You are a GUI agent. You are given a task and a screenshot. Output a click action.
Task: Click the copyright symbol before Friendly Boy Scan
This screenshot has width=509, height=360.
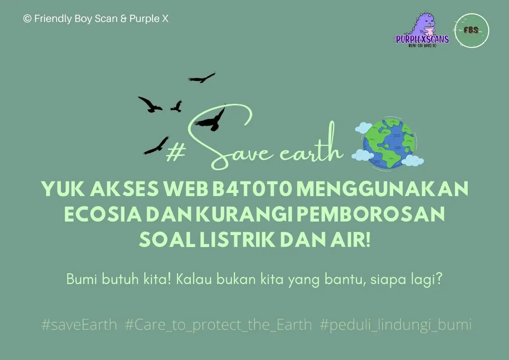(27, 19)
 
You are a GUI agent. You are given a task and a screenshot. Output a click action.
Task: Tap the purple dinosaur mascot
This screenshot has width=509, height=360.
(424, 25)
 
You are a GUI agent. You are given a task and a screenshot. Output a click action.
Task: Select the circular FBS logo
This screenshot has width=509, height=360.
(472, 31)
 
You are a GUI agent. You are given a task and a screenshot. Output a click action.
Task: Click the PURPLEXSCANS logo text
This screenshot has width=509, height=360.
(422, 39)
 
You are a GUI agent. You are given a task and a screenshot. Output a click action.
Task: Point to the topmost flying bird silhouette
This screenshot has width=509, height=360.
(202, 78)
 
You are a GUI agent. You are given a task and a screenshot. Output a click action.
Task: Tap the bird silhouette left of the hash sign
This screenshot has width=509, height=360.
(156, 146)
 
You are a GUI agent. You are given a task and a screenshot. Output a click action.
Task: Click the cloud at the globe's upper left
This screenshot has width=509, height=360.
(363, 127)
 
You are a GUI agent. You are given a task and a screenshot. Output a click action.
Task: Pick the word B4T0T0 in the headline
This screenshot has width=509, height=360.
(252, 189)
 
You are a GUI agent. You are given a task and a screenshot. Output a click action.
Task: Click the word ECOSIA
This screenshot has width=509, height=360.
(103, 214)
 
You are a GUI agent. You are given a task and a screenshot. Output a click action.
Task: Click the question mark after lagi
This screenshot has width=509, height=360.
(439, 278)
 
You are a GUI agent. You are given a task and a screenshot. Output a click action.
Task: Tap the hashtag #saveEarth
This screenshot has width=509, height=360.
(79, 325)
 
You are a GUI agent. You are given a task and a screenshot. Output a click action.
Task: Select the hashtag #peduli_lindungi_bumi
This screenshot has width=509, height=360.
(396, 325)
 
